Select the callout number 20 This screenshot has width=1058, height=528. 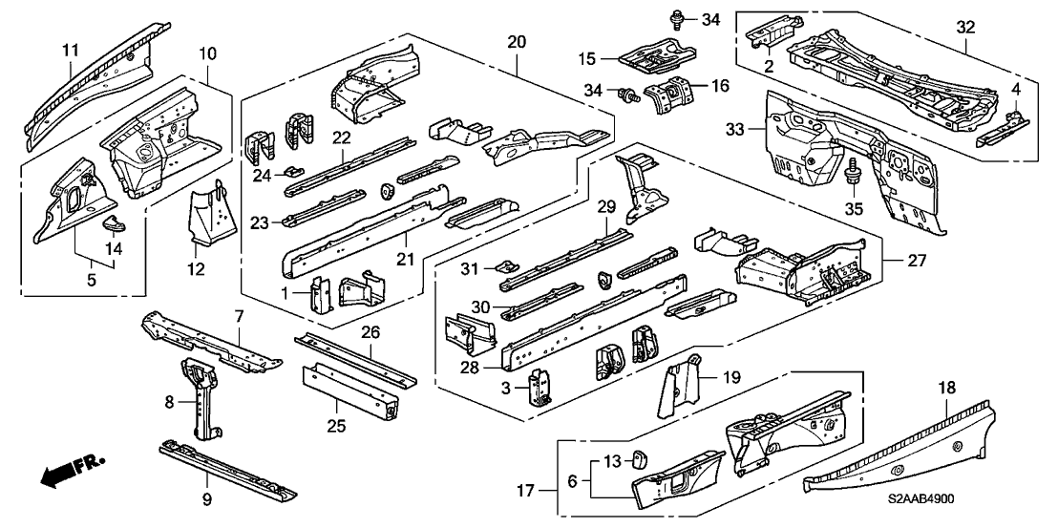tap(516, 43)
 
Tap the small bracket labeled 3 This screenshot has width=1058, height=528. tap(541, 389)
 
